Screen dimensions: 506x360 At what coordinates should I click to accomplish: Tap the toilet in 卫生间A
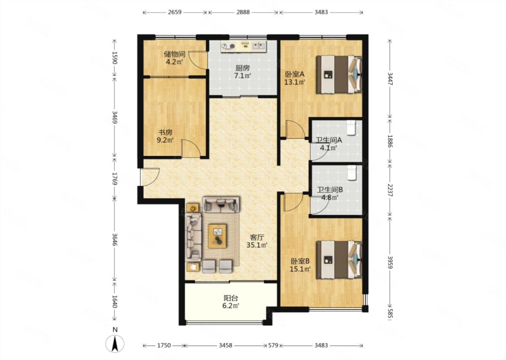[x=351, y=128]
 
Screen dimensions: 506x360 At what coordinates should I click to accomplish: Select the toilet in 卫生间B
[x=351, y=173]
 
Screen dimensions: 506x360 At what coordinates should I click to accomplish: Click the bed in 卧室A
[x=339, y=74]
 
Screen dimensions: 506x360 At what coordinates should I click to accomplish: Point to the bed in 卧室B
[x=339, y=259]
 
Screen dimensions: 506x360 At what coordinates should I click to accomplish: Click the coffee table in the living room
[x=217, y=236]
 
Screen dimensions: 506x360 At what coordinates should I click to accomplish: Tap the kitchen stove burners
[x=228, y=46]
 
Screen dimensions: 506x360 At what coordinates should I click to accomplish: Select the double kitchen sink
[x=259, y=46]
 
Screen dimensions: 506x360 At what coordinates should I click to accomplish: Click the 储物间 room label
[x=175, y=54]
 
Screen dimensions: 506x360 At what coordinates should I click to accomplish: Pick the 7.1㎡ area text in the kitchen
[x=242, y=76]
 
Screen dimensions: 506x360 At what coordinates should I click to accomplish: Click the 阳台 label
[x=231, y=298]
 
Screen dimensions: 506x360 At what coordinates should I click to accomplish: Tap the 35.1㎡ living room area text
[x=257, y=245]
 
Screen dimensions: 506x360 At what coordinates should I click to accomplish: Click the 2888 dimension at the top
[x=243, y=12]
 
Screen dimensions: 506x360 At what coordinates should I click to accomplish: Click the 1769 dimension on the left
[x=115, y=179]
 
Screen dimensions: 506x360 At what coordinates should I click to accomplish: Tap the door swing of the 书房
[x=191, y=148]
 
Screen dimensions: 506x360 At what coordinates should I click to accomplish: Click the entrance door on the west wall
[x=150, y=177]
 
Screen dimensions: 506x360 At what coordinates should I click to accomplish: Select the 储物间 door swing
[x=198, y=60]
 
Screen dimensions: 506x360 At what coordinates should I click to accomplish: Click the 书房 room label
[x=165, y=133]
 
